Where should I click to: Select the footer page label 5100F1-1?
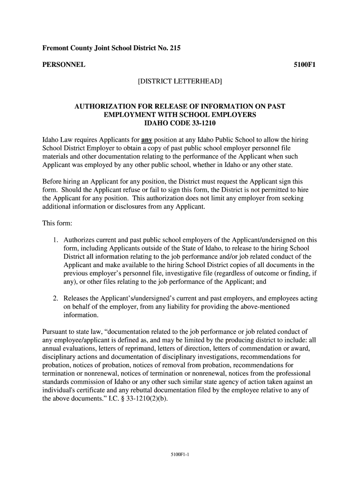pyautogui.click(x=180, y=453)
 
